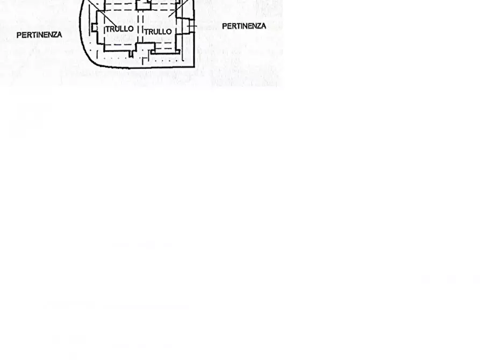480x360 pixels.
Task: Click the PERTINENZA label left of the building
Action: click(39, 35)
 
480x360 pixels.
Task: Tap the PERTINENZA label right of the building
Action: click(243, 26)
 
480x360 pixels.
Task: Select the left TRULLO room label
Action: click(119, 29)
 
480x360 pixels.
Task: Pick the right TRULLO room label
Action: click(158, 32)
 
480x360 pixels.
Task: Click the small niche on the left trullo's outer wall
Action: click(94, 27)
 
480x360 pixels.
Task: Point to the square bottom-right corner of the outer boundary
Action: click(194, 66)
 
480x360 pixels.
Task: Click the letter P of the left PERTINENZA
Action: click(19, 35)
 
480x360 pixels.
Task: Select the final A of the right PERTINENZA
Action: click(263, 26)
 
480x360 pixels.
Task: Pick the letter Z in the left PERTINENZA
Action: click(54, 35)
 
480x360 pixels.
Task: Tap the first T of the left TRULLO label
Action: click(108, 29)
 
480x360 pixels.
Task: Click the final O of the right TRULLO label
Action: click(169, 32)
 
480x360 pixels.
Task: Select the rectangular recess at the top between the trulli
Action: click(144, 5)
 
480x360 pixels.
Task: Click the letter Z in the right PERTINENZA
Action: click(257, 26)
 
